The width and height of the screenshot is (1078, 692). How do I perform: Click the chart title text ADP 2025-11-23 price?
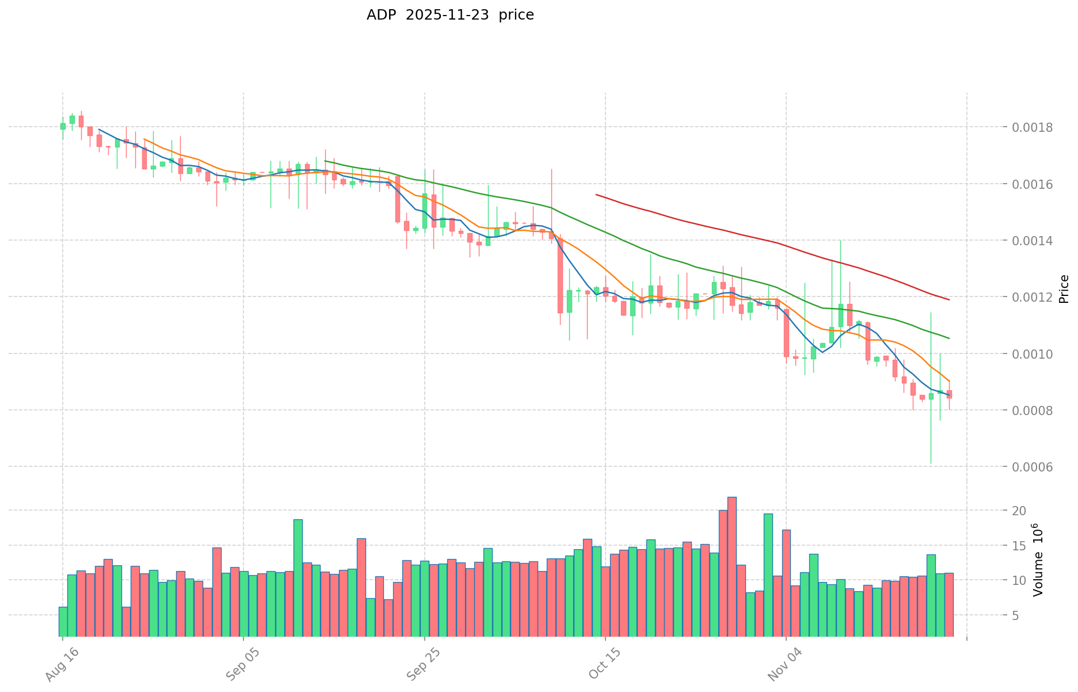click(x=450, y=15)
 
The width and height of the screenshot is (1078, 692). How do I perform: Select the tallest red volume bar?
click(x=732, y=566)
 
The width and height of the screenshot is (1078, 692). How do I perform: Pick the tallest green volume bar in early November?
click(x=768, y=575)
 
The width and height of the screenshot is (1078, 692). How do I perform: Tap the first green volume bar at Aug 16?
click(x=63, y=621)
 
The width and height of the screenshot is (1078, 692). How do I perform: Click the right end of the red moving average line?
click(x=949, y=299)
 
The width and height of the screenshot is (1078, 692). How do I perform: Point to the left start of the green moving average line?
click(x=325, y=161)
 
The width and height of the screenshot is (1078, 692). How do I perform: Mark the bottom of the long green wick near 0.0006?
click(x=931, y=463)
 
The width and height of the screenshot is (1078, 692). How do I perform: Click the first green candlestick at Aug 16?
click(x=63, y=126)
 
